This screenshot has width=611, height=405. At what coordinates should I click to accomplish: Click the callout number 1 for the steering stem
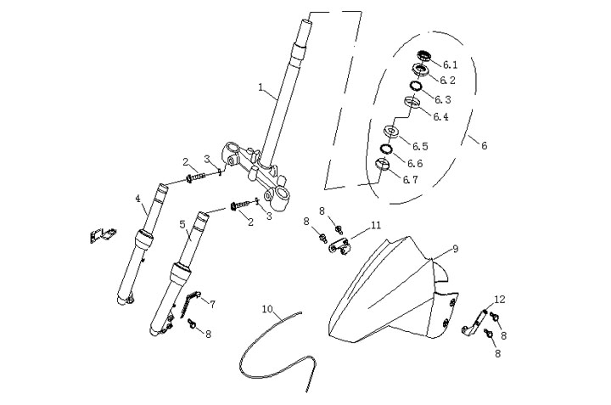(x=261, y=87)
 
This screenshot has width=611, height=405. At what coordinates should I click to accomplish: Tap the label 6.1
(x=450, y=65)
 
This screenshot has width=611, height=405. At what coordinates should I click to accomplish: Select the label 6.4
(x=440, y=116)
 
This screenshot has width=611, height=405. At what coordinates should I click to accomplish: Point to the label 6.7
(x=410, y=179)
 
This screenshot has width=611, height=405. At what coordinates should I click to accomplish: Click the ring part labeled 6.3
(x=416, y=86)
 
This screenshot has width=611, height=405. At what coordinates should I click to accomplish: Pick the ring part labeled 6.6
(x=386, y=149)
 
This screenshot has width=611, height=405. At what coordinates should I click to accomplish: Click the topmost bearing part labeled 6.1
(x=424, y=55)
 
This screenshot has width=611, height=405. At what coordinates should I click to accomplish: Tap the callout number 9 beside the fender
(x=455, y=248)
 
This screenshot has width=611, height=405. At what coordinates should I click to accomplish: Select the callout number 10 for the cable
(x=267, y=309)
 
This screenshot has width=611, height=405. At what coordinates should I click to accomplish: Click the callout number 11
(x=376, y=225)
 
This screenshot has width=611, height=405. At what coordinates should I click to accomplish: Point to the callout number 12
(x=500, y=299)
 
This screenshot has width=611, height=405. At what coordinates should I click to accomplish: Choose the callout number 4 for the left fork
(x=137, y=199)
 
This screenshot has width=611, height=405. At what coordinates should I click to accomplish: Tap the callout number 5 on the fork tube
(x=182, y=224)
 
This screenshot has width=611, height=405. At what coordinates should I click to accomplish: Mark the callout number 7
(x=212, y=305)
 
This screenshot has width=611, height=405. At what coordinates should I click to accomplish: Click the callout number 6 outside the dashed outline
(x=484, y=145)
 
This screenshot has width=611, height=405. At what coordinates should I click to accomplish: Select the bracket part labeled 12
(x=474, y=322)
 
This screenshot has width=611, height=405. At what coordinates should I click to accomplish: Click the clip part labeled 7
(x=191, y=303)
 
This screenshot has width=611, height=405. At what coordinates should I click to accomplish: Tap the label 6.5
(x=420, y=146)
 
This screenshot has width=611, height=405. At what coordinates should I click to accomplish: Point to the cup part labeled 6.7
(x=383, y=164)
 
